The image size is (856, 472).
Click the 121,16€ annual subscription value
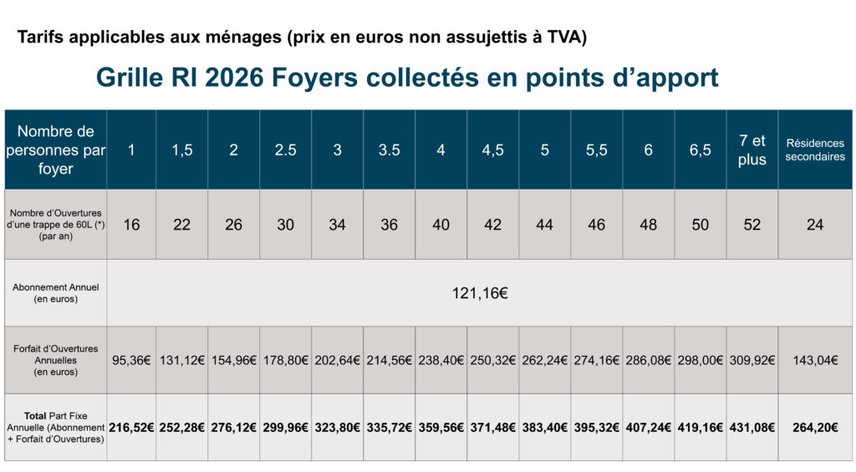point(481,293)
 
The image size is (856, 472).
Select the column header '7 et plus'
point(752,150)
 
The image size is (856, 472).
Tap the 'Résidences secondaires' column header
point(815,150)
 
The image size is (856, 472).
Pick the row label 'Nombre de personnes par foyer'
point(56,150)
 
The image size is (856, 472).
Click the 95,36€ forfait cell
point(131,360)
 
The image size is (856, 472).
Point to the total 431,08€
point(752,427)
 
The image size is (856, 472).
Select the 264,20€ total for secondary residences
point(815,427)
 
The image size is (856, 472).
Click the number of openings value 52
point(752,225)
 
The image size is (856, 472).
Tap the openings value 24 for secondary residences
point(815,225)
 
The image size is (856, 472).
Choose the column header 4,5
point(492,150)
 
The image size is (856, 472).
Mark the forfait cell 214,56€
point(389,360)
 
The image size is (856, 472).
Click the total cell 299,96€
point(285,427)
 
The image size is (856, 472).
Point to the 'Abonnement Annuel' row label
point(56,292)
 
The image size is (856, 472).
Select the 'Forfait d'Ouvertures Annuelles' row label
point(56,360)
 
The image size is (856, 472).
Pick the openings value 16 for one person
point(131,225)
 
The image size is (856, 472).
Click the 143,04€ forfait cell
point(815,360)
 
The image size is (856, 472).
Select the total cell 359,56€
point(441,427)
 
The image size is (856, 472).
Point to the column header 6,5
point(700,150)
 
